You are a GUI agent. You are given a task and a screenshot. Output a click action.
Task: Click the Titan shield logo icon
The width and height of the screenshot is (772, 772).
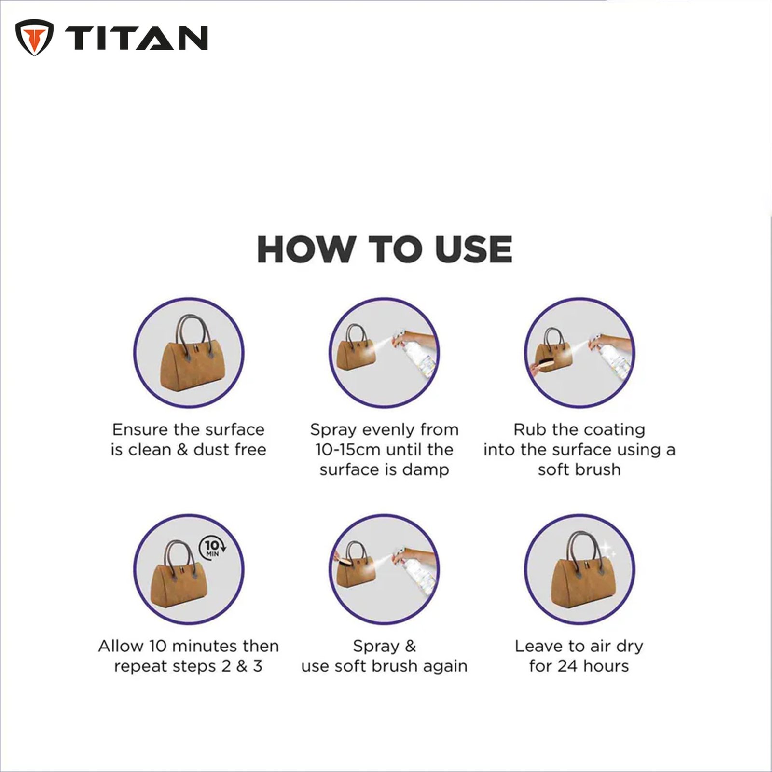pos(34,37)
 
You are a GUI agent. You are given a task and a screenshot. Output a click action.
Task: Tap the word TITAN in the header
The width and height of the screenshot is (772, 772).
pos(136,38)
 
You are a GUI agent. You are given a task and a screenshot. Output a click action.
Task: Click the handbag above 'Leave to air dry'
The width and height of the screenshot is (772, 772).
pos(579,569)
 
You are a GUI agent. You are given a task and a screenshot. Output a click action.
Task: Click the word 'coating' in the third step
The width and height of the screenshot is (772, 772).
pos(614,430)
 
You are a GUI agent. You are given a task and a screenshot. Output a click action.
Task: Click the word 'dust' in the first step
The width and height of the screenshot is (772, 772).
pos(213,450)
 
